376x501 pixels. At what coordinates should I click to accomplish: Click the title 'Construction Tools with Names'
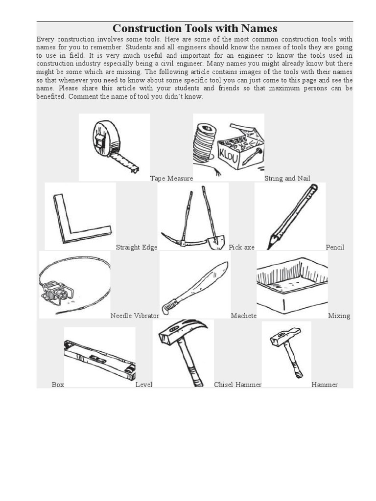[x=195, y=28]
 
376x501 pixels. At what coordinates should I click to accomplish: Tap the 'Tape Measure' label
[x=171, y=179]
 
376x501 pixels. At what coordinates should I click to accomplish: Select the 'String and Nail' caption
[x=287, y=179]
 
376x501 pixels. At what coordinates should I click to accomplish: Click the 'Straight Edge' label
[x=136, y=247]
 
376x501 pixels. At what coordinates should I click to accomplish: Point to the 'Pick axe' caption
[x=241, y=247]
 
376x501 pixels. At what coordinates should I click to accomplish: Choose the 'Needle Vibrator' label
[x=135, y=316]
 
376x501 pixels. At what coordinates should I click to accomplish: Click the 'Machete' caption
[x=243, y=316]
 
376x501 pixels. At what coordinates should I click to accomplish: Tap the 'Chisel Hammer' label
[x=237, y=385]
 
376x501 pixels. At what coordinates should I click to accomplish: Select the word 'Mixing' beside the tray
[x=339, y=316]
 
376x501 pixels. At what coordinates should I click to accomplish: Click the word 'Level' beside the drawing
[x=143, y=385]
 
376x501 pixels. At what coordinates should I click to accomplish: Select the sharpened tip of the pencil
[x=270, y=244]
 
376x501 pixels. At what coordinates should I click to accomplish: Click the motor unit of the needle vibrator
[x=57, y=293]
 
